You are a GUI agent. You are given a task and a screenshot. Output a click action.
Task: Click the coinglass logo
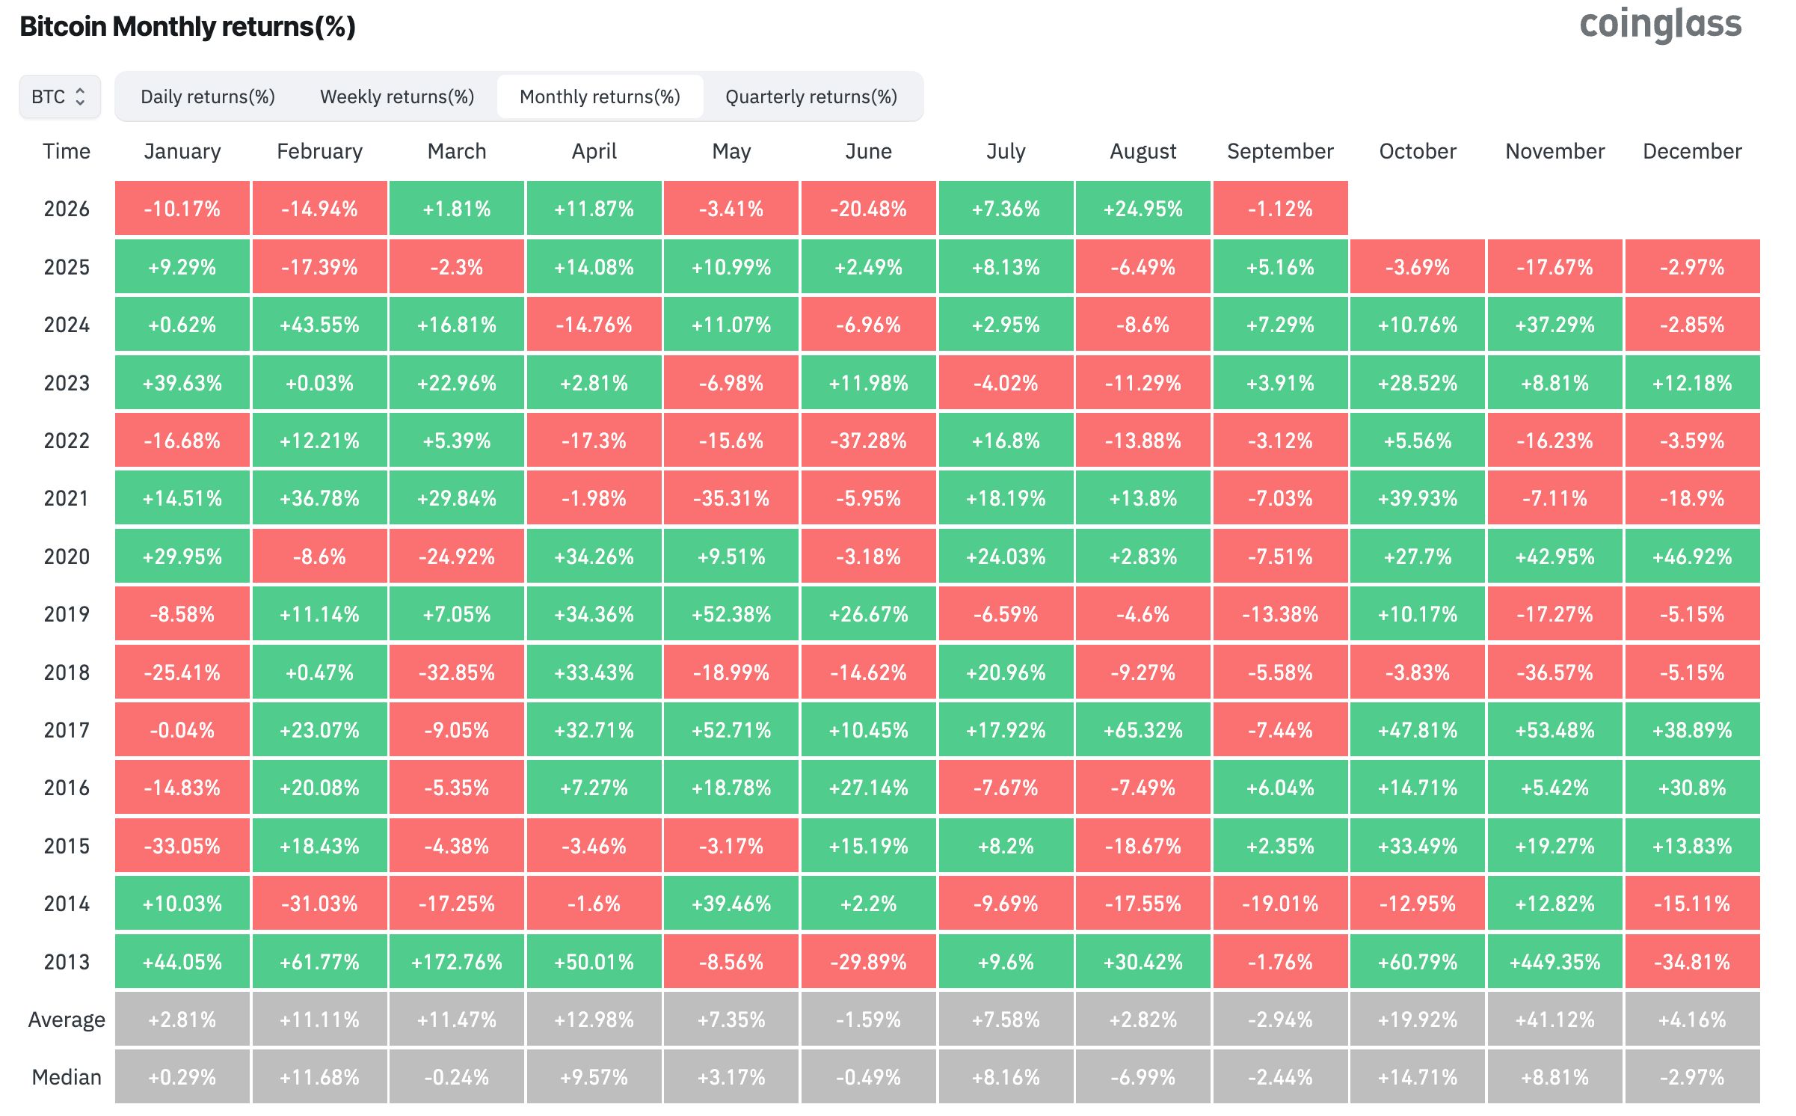pyautogui.click(x=1660, y=25)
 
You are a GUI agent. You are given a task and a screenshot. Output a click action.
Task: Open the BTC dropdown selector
pyautogui.click(x=60, y=96)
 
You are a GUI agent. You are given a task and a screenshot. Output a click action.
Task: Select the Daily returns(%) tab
pyautogui.click(x=208, y=96)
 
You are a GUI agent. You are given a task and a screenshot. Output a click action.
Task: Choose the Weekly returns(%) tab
pyautogui.click(x=397, y=96)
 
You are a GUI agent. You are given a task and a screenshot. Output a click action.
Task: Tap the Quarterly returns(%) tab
pyautogui.click(x=811, y=96)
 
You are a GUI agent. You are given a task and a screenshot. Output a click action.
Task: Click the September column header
pyautogui.click(x=1280, y=151)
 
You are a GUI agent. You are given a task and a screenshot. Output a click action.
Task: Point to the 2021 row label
pyautogui.click(x=67, y=498)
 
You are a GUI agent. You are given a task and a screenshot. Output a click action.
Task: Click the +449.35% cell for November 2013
pyautogui.click(x=1555, y=962)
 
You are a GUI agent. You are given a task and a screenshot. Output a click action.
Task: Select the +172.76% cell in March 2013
pyautogui.click(x=457, y=962)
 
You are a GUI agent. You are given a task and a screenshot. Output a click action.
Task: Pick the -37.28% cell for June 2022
pyautogui.click(x=869, y=441)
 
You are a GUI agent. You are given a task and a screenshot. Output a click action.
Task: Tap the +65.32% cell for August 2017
pyautogui.click(x=1143, y=730)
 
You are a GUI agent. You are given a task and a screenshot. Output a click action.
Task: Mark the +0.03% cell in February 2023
pyautogui.click(x=320, y=383)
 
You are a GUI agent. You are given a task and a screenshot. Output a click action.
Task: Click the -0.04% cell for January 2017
pyautogui.click(x=182, y=730)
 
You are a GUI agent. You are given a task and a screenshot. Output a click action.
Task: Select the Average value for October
pyautogui.click(x=1418, y=1020)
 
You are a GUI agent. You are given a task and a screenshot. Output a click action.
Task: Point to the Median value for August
pyautogui.click(x=1143, y=1077)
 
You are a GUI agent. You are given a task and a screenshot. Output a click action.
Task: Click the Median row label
pyautogui.click(x=67, y=1077)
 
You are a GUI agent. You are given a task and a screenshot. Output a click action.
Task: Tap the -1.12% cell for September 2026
pyautogui.click(x=1281, y=209)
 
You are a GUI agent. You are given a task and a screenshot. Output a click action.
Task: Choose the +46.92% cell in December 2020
pyautogui.click(x=1693, y=557)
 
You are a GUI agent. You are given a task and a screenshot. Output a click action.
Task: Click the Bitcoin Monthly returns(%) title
pyautogui.click(x=188, y=26)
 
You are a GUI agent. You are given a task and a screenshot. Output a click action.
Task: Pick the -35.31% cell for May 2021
pyautogui.click(x=731, y=498)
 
